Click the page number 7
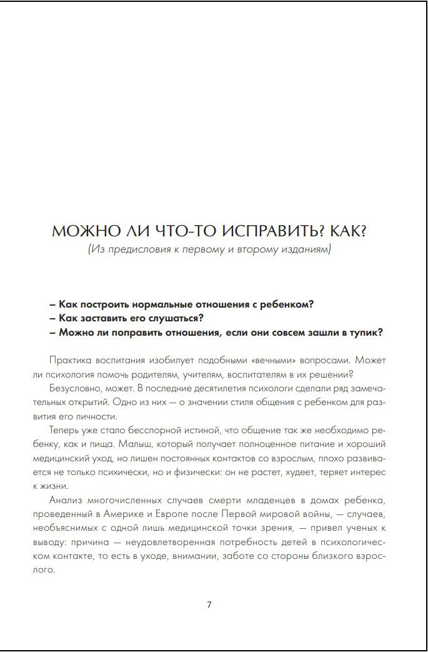209,604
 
